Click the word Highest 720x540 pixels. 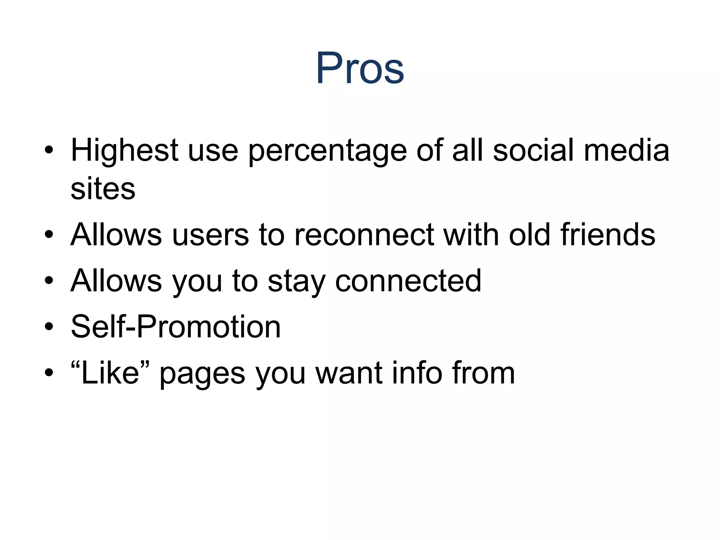tap(125, 150)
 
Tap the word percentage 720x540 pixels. tap(327, 151)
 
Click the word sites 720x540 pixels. tap(103, 189)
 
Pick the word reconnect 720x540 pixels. tap(364, 235)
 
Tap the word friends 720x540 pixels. tap(608, 234)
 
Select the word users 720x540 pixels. tap(211, 235)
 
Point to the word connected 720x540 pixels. tap(408, 281)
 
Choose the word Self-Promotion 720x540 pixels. tap(176, 327)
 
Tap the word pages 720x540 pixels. tap(202, 374)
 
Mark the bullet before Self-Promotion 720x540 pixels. tap(49, 327)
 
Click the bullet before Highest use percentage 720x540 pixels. tap(49, 150)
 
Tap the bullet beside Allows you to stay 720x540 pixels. tap(49, 281)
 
